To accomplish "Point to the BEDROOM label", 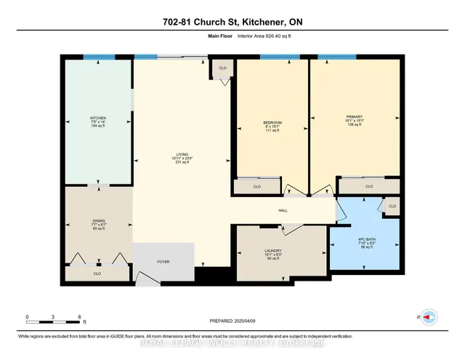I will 272,121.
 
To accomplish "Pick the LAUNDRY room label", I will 272,252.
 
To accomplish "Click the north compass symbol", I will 429,317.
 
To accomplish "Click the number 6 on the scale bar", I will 79,316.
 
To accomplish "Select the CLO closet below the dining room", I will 97,273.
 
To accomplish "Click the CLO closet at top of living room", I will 223,68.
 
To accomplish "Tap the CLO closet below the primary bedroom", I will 369,187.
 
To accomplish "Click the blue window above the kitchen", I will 96,57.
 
